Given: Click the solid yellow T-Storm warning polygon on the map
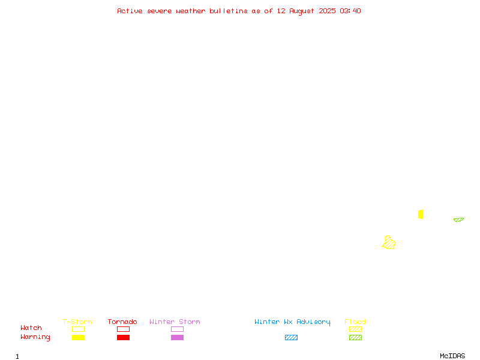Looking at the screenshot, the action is coord(421,214).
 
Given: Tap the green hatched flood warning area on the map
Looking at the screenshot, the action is coord(458,220).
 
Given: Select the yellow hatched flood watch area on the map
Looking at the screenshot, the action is coord(389,243).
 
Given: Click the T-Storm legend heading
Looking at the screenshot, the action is coord(77,322).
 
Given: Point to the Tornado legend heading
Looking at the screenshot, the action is coord(122,322).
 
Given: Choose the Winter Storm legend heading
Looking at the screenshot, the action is coord(175,322).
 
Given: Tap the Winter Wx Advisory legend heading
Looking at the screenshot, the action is coord(292,322).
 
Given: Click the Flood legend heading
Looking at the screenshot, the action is coord(355,322).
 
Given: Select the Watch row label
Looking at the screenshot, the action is coord(31,328).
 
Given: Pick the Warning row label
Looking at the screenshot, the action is coord(35,337).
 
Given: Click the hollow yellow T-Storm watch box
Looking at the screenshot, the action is coord(79,329).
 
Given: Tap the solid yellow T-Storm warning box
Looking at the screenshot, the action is coord(79,337).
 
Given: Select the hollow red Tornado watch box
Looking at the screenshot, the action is coord(124,329).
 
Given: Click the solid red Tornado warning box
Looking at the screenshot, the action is coord(124,337).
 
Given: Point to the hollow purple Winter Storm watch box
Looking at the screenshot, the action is coord(177,329).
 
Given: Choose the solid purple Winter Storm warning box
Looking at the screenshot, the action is coord(177,337).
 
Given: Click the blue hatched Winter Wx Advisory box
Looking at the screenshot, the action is coord(291,337).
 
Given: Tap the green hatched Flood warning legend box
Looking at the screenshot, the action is coord(355,337).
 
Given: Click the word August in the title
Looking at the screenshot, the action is coord(302,11).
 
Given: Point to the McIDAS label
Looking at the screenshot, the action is coord(452,356).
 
